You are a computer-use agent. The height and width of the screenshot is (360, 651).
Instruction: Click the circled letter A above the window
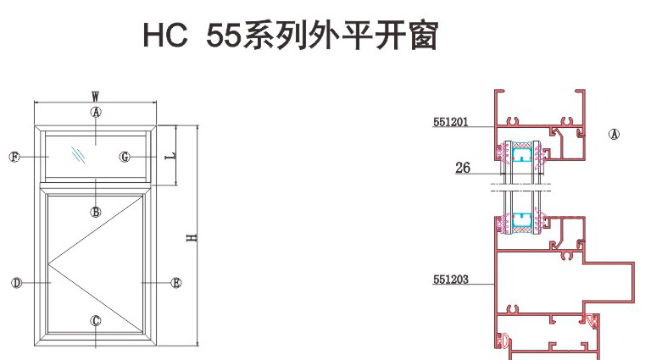pyautogui.click(x=96, y=112)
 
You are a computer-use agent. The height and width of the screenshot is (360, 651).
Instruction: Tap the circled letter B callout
pyautogui.click(x=96, y=212)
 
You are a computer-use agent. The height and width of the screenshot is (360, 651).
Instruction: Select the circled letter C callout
pyautogui.click(x=96, y=320)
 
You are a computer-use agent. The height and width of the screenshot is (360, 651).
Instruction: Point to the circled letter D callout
pyautogui.click(x=15, y=282)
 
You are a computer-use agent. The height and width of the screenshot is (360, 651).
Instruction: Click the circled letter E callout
pyautogui.click(x=176, y=282)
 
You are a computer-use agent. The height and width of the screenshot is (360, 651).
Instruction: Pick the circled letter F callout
pyautogui.click(x=14, y=157)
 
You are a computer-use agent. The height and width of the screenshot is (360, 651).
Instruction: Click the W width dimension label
pyautogui.click(x=96, y=96)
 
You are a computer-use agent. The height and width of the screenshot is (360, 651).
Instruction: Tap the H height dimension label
pyautogui.click(x=193, y=238)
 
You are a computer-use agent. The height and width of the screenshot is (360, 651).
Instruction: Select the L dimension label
pyautogui.click(x=170, y=158)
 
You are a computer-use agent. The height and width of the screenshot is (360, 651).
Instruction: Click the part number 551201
pyautogui.click(x=450, y=122)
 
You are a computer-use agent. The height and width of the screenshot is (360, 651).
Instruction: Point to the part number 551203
pyautogui.click(x=450, y=278)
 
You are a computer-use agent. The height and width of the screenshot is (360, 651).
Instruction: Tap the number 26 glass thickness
pyautogui.click(x=462, y=168)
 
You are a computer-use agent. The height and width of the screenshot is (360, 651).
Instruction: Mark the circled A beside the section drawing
pyautogui.click(x=615, y=134)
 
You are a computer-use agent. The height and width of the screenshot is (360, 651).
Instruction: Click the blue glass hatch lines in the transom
pyautogui.click(x=79, y=156)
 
